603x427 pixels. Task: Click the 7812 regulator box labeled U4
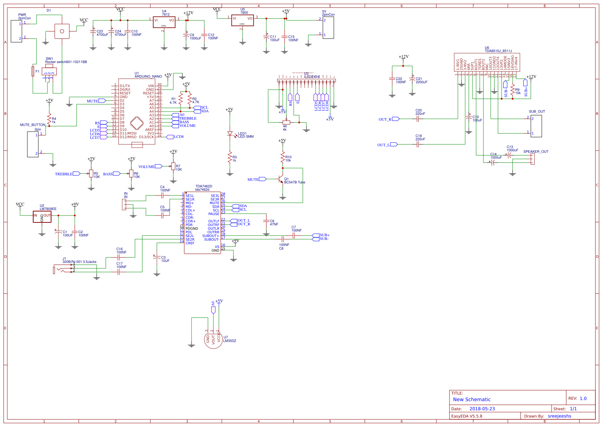pyautogui.click(x=164, y=22)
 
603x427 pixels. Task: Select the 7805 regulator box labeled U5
pyautogui.click(x=242, y=20)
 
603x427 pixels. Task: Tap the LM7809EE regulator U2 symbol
pyautogui.click(x=42, y=217)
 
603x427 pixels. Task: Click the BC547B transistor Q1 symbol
pyautogui.click(x=281, y=179)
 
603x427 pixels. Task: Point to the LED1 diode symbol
pyautogui.click(x=230, y=134)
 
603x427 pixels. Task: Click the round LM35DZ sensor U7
pyautogui.click(x=213, y=339)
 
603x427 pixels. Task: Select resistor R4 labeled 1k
pyautogui.click(x=49, y=119)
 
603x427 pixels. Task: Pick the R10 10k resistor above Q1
pyautogui.click(x=283, y=157)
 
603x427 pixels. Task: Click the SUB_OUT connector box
pyautogui.click(x=536, y=126)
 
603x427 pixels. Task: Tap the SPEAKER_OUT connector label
pyautogui.click(x=536, y=152)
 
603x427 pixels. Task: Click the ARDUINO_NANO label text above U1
pyautogui.click(x=148, y=77)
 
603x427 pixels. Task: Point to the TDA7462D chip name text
pyautogui.click(x=204, y=186)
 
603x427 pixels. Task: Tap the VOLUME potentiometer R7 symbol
pyautogui.click(x=173, y=166)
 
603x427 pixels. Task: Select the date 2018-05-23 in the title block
pyautogui.click(x=482, y=409)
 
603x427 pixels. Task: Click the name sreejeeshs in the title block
pyautogui.click(x=559, y=416)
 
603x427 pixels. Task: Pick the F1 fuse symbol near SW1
pyautogui.click(x=33, y=71)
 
